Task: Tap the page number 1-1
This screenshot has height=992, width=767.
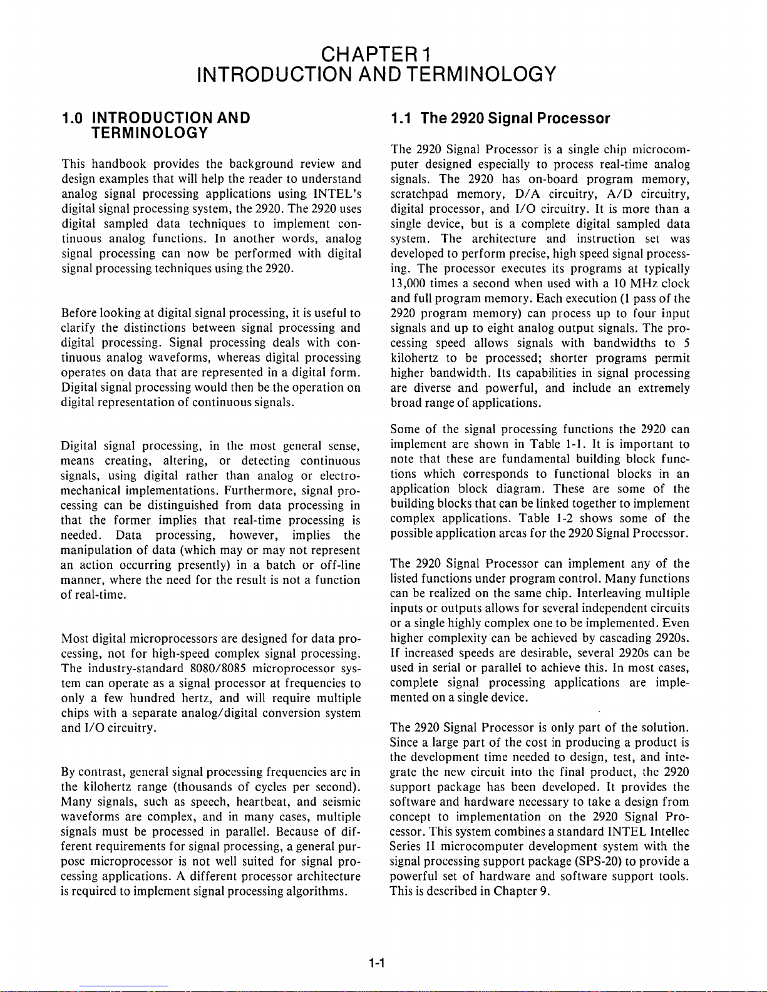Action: (x=378, y=964)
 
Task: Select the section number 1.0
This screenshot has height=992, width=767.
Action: (x=73, y=118)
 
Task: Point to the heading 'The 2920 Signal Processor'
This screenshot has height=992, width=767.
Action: (x=515, y=118)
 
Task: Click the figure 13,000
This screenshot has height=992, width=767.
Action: (x=405, y=284)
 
